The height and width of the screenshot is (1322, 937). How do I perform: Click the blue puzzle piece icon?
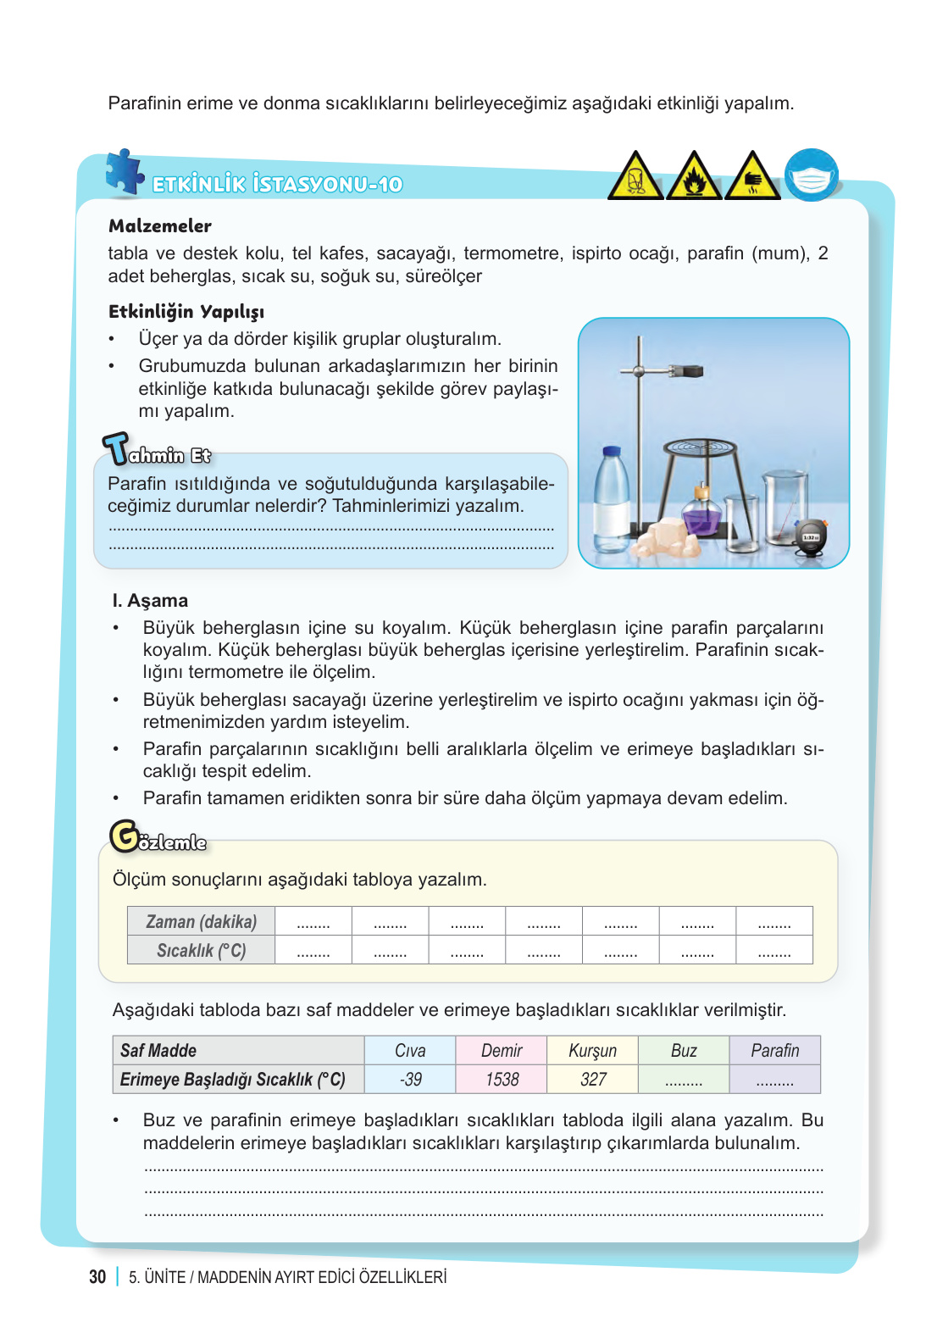pyautogui.click(x=125, y=172)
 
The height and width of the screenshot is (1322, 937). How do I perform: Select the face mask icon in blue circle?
pyautogui.click(x=811, y=175)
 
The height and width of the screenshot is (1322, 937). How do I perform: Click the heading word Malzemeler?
pyautogui.click(x=160, y=226)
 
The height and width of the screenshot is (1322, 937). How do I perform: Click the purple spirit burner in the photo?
pyautogui.click(x=701, y=512)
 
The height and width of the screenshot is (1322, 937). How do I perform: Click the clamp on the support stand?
pyautogui.click(x=685, y=371)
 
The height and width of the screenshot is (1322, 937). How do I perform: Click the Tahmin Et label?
pyautogui.click(x=158, y=452)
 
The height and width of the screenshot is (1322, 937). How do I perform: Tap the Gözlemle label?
pyautogui.click(x=159, y=839)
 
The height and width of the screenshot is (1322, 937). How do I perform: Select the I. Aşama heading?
pyautogui.click(x=150, y=601)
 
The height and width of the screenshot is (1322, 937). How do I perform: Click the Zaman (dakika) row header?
pyautogui.click(x=201, y=922)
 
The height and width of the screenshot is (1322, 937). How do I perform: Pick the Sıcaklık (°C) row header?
pyautogui.click(x=201, y=951)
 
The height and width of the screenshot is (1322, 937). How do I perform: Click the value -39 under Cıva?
pyautogui.click(x=410, y=1080)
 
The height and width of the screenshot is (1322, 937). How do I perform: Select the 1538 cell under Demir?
pyautogui.click(x=502, y=1080)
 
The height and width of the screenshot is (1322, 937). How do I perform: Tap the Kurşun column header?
pyautogui.click(x=592, y=1051)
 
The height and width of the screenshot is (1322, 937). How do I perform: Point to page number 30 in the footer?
pyautogui.click(x=97, y=1277)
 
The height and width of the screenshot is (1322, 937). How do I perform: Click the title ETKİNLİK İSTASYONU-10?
pyautogui.click(x=277, y=185)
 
